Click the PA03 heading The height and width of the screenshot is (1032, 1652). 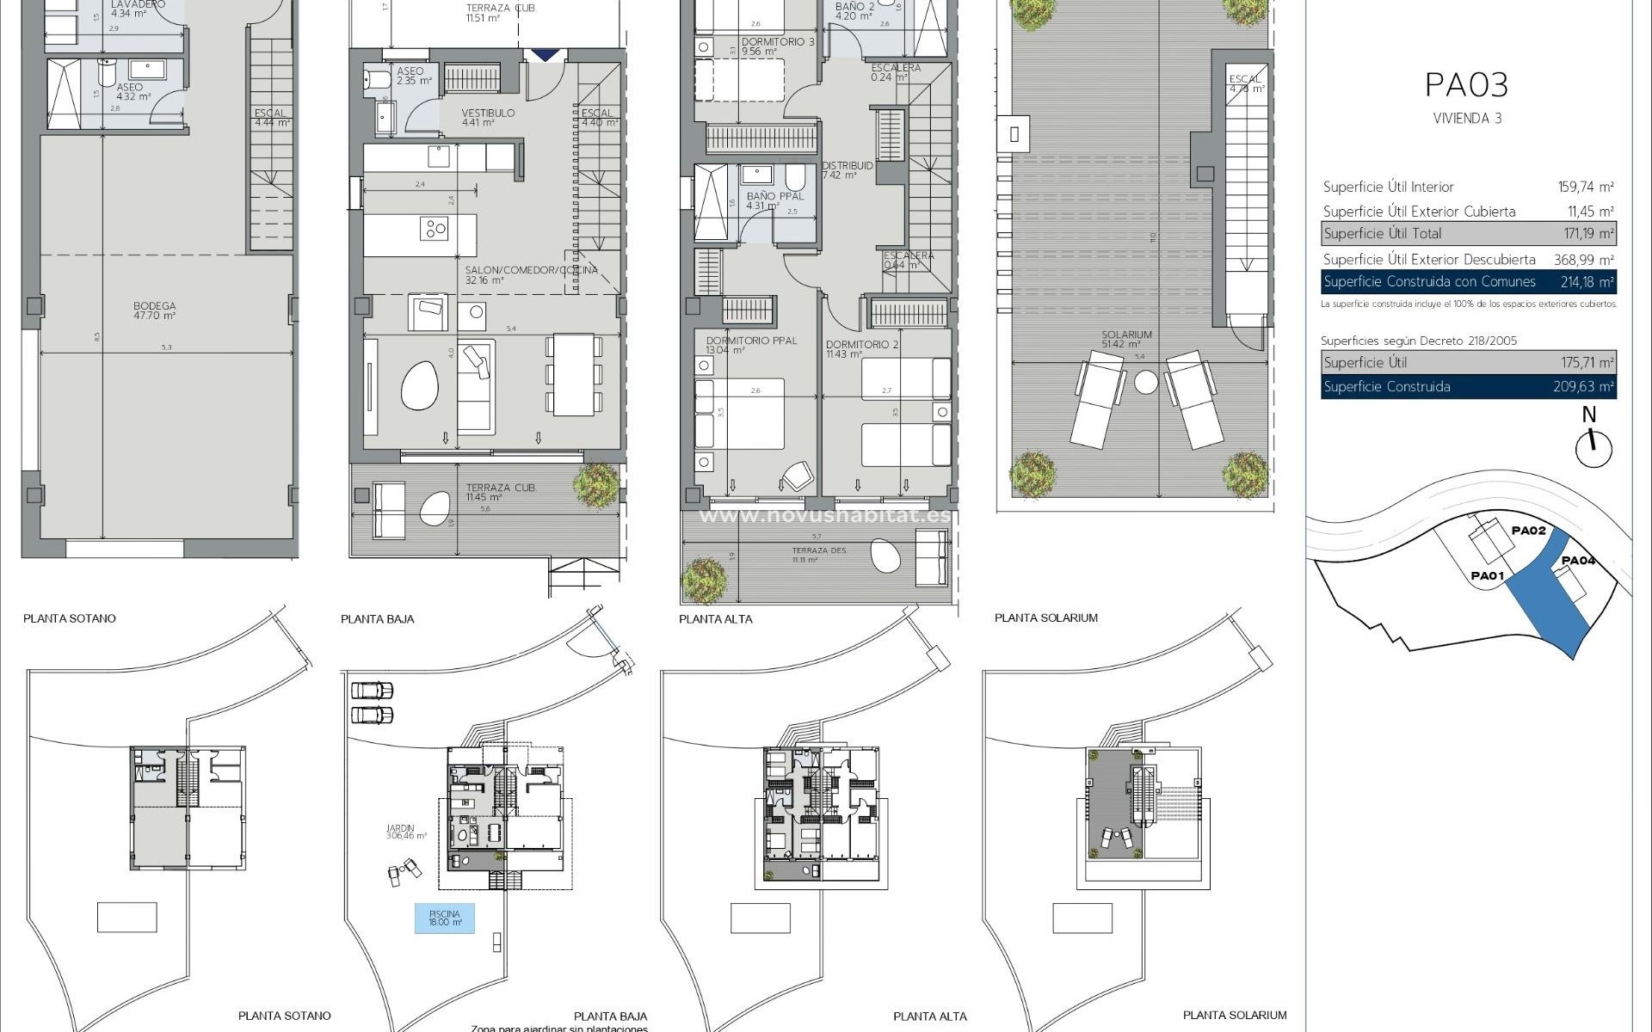tap(1467, 85)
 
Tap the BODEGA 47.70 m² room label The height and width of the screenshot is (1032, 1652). tap(155, 310)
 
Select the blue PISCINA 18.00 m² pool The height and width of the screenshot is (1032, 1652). tap(444, 918)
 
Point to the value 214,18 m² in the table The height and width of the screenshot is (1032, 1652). tap(1587, 282)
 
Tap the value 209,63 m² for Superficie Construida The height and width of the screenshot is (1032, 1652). tap(1583, 387)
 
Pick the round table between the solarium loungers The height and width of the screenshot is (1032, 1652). tap(1145, 382)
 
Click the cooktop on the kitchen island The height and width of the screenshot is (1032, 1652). tap(435, 229)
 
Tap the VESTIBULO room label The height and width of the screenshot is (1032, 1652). tap(488, 113)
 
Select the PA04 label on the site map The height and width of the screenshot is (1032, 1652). tap(1578, 561)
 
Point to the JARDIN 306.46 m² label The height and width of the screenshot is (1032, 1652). tap(406, 832)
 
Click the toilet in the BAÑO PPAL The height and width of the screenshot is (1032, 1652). tap(795, 178)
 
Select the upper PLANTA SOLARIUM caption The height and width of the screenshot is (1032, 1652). tap(1045, 617)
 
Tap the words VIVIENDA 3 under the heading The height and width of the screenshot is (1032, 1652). tap(1467, 119)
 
